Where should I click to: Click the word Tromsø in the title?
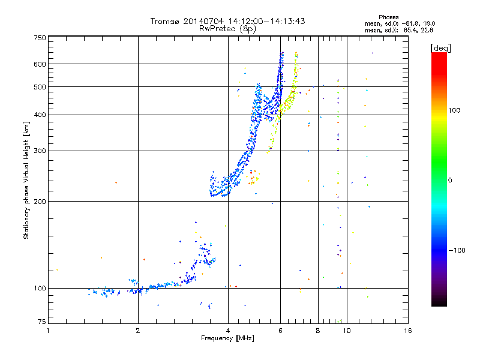(x=166, y=22)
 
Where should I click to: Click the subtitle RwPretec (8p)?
(x=228, y=28)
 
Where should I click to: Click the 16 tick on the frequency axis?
(x=407, y=331)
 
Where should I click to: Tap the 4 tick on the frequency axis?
(x=228, y=331)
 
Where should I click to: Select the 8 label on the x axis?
(x=318, y=331)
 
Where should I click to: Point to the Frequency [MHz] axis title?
(x=228, y=338)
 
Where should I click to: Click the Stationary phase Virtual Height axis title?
(x=26, y=180)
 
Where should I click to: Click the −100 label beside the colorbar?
(x=458, y=250)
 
